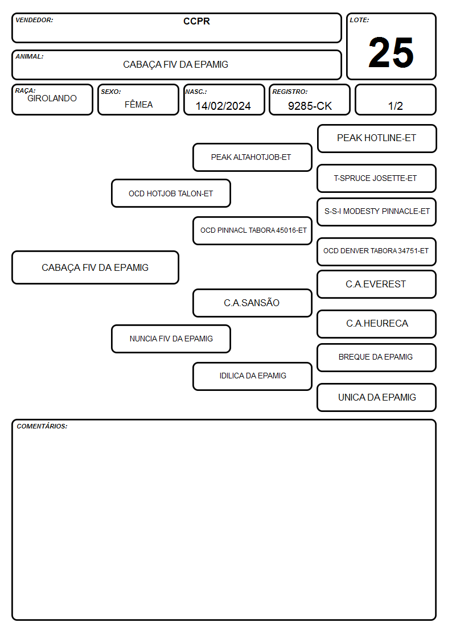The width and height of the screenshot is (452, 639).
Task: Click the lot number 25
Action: tap(391, 52)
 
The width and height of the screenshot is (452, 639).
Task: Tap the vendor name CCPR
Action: tap(196, 21)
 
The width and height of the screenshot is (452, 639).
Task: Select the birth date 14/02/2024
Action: tap(223, 106)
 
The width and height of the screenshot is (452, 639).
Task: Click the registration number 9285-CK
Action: tap(310, 106)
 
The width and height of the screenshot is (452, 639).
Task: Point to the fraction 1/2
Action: tap(395, 106)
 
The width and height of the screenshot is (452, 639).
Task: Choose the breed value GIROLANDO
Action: tap(52, 98)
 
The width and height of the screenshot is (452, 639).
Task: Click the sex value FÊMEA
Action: tap(138, 104)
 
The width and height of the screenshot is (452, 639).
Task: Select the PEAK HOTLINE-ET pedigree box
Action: tap(377, 139)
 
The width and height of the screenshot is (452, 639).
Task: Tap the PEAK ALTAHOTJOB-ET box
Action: tap(252, 157)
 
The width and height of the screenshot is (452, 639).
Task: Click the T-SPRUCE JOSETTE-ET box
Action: tap(377, 179)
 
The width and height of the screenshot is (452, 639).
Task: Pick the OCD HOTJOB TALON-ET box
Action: tap(171, 193)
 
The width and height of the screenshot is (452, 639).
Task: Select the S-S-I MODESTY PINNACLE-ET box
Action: tap(377, 212)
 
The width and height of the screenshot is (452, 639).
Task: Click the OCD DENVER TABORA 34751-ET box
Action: tap(377, 252)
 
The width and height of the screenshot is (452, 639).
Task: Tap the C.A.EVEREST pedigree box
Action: tap(377, 285)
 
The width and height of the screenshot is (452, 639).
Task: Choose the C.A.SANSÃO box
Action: tap(252, 303)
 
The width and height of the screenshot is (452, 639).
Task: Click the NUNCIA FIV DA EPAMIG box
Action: tap(171, 339)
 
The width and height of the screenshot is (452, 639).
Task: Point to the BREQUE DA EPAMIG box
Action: tap(377, 357)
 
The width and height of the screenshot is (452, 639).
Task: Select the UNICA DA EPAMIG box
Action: tap(377, 397)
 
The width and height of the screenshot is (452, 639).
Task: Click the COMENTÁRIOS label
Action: tap(42, 426)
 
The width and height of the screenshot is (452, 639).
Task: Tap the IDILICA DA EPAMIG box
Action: tap(252, 376)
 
